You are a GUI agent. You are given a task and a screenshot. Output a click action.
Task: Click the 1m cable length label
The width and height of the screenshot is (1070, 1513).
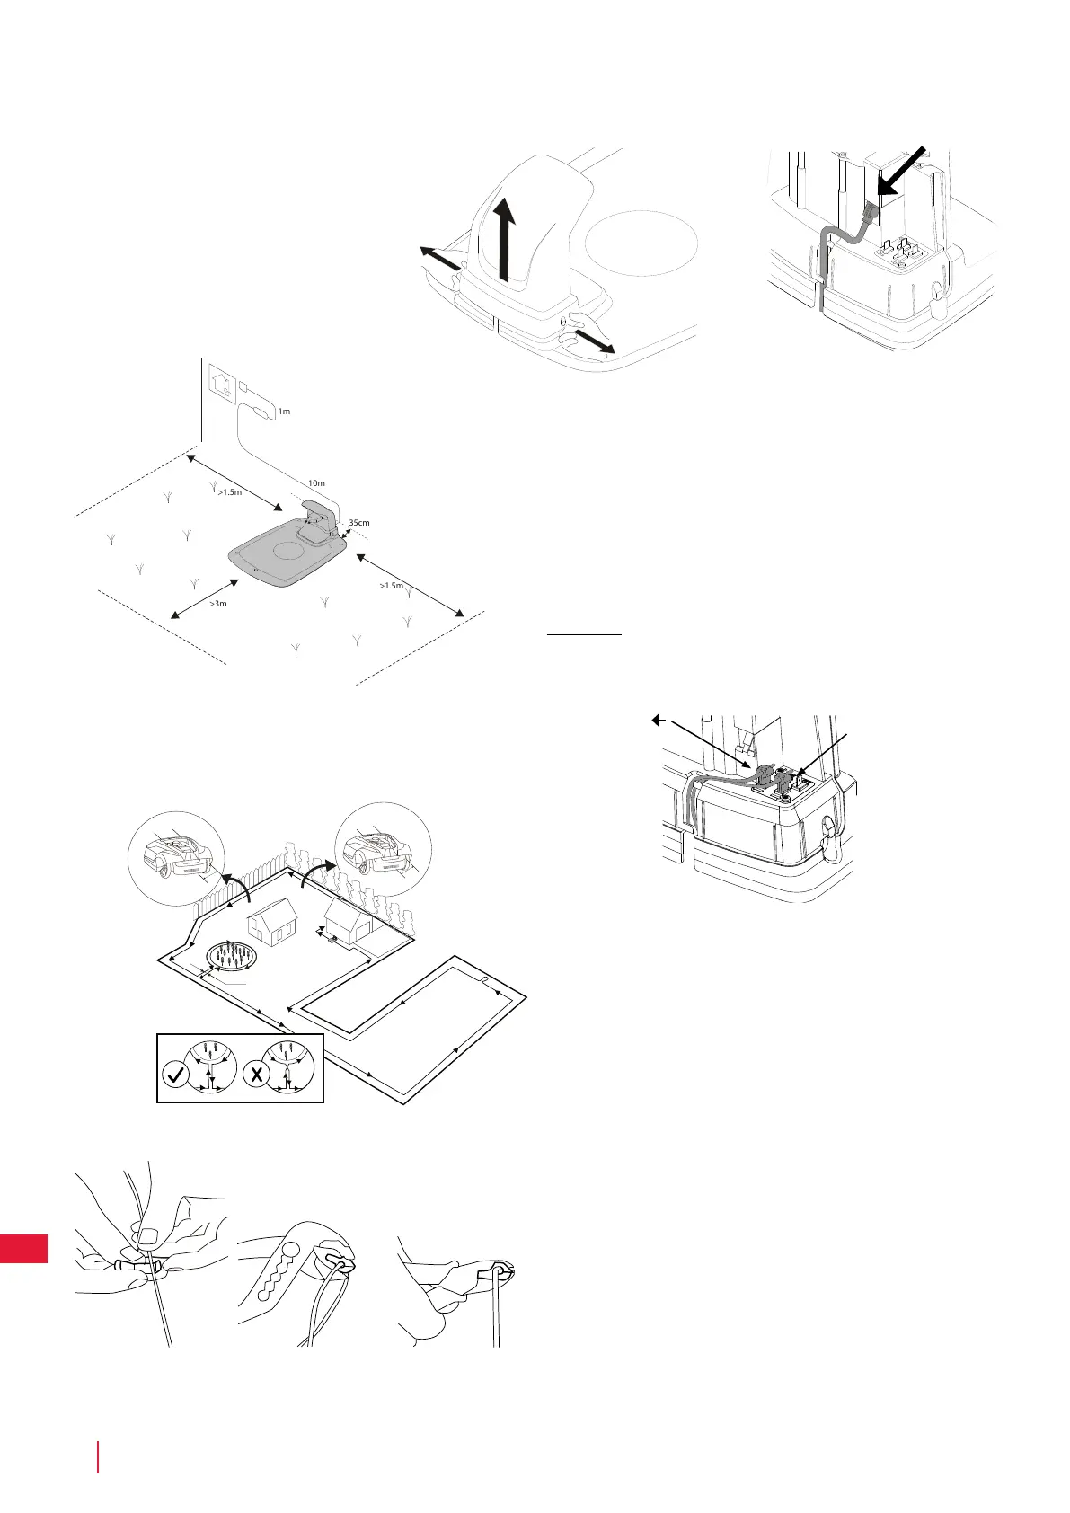click(x=284, y=411)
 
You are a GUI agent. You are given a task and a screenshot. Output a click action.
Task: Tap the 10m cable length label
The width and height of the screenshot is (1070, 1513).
click(x=316, y=483)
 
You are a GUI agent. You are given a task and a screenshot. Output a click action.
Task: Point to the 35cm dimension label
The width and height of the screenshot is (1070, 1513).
click(x=358, y=522)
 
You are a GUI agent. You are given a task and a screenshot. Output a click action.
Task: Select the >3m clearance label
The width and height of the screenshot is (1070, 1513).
click(x=218, y=604)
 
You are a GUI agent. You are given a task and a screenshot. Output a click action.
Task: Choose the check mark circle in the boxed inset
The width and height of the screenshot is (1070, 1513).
click(x=177, y=1075)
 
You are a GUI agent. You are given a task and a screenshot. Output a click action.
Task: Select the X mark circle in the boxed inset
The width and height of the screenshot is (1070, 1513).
click(x=258, y=1075)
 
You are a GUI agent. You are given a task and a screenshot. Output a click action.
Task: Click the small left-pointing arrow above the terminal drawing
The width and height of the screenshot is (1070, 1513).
click(x=659, y=719)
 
